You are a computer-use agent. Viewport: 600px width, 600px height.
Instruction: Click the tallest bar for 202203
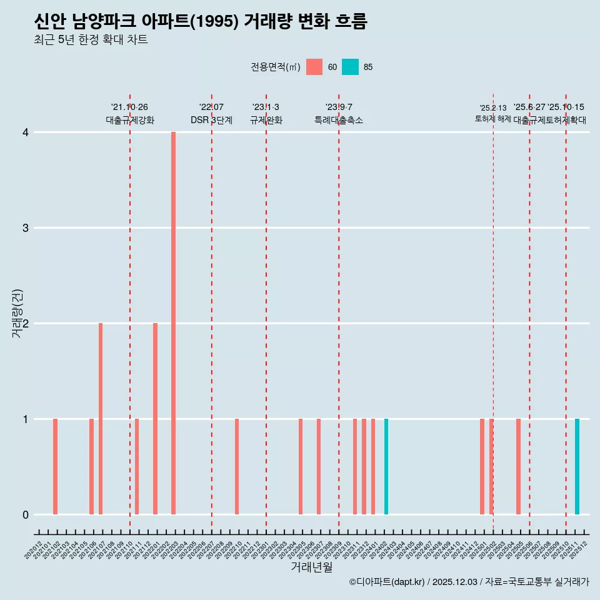[x=173, y=323]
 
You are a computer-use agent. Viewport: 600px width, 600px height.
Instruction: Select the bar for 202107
[x=101, y=419]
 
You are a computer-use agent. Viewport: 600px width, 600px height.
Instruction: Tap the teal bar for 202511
[x=577, y=466]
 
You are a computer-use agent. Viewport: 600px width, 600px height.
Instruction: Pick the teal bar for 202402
[x=386, y=466]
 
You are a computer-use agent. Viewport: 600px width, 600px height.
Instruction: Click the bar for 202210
[x=237, y=466]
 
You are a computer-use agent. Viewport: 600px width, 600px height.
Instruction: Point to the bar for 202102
[x=55, y=466]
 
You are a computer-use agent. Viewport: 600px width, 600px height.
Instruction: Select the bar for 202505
[x=518, y=466]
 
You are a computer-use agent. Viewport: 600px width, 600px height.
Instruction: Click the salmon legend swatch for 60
[x=314, y=67]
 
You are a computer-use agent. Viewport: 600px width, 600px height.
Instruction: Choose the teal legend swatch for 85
[x=350, y=67]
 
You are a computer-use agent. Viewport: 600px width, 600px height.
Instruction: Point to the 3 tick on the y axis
[x=26, y=228]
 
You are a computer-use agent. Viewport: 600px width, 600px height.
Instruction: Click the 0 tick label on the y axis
[x=26, y=515]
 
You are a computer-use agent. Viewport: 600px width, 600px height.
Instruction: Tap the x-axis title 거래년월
[x=311, y=567]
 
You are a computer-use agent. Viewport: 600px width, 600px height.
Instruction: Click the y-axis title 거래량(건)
[x=17, y=313]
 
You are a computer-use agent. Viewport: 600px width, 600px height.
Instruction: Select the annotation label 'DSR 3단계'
[x=211, y=120]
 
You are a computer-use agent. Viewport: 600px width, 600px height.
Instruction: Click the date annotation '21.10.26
[x=129, y=107]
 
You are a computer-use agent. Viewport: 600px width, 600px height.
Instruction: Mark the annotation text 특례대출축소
[x=338, y=120]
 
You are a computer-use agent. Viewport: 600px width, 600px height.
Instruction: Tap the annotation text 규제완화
[x=266, y=120]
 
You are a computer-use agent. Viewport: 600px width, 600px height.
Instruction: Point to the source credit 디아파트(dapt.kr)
[x=387, y=582]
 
